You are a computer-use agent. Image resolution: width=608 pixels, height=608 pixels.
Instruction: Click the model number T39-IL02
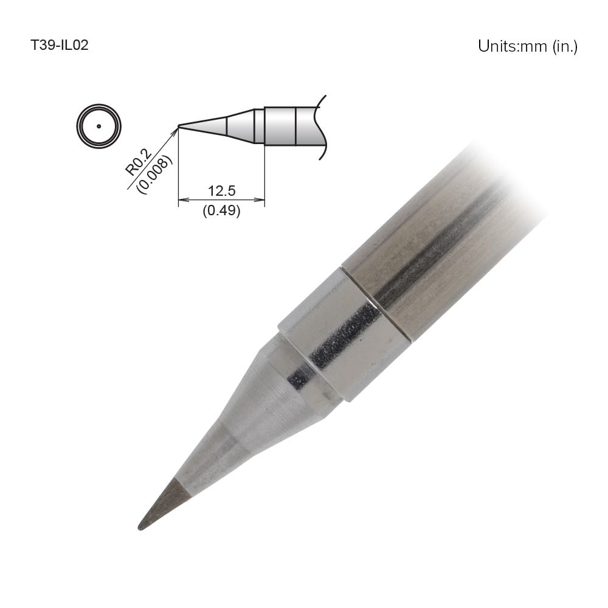click(60, 45)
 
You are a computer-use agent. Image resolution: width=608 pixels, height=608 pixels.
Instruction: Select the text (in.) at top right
click(565, 46)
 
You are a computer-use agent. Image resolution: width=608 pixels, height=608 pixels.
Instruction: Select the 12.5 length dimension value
click(221, 191)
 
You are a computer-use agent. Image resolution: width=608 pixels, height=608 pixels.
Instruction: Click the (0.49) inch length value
click(221, 211)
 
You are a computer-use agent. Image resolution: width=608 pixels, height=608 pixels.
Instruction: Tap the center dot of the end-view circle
click(98, 127)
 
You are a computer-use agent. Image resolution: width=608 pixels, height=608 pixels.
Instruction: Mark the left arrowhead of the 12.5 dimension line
click(182, 199)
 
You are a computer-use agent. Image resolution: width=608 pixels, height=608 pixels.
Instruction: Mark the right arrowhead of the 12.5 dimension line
click(261, 199)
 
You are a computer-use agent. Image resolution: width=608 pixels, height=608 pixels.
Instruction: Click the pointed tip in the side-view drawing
click(179, 126)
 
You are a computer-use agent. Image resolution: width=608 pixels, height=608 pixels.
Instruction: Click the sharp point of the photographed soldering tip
click(140, 527)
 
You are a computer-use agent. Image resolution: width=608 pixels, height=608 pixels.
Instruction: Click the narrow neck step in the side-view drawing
click(259, 126)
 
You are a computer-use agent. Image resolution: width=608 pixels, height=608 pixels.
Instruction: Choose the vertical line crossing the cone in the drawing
click(226, 126)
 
